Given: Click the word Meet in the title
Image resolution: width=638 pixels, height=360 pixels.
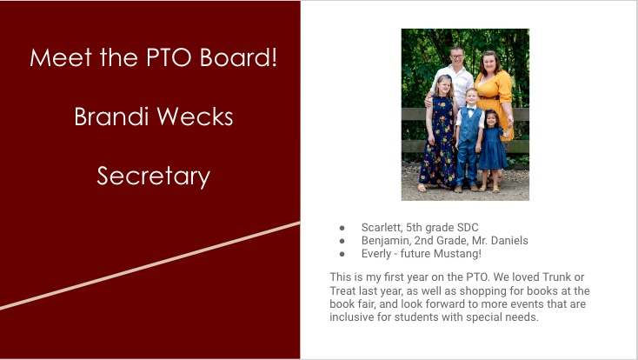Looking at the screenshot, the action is pyautogui.click(x=61, y=57).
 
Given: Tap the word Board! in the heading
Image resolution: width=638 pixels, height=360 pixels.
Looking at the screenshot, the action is pyautogui.click(x=238, y=57).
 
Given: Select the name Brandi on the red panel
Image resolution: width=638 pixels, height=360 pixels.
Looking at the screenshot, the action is pyautogui.click(x=111, y=117).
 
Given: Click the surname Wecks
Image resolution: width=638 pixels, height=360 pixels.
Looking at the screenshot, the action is pyautogui.click(x=195, y=117).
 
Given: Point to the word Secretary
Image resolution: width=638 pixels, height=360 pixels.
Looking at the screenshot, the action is pyautogui.click(x=153, y=177).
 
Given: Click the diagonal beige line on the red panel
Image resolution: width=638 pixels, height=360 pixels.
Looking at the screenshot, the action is pyautogui.click(x=150, y=265).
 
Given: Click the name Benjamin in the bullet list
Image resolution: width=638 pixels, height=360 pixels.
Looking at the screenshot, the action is pyautogui.click(x=386, y=241).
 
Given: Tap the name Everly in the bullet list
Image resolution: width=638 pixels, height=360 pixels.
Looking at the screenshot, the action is pyautogui.click(x=376, y=254).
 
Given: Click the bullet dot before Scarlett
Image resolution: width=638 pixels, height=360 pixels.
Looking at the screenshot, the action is pyautogui.click(x=342, y=228).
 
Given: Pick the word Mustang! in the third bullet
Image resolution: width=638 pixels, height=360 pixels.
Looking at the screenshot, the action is pyautogui.click(x=457, y=254).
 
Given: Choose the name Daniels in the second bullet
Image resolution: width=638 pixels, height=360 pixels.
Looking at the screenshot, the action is pyautogui.click(x=509, y=241).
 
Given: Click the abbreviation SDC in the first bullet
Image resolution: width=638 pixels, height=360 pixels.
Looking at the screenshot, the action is pyautogui.click(x=468, y=227).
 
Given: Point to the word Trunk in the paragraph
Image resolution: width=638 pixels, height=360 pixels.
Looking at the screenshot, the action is pyautogui.click(x=556, y=277).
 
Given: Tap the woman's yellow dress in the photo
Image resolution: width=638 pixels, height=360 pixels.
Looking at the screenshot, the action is pyautogui.click(x=495, y=97).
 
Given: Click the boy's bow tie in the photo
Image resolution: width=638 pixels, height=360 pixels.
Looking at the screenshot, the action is pyautogui.click(x=471, y=110).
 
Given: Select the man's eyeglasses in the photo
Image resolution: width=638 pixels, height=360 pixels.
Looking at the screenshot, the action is pyautogui.click(x=457, y=57).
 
